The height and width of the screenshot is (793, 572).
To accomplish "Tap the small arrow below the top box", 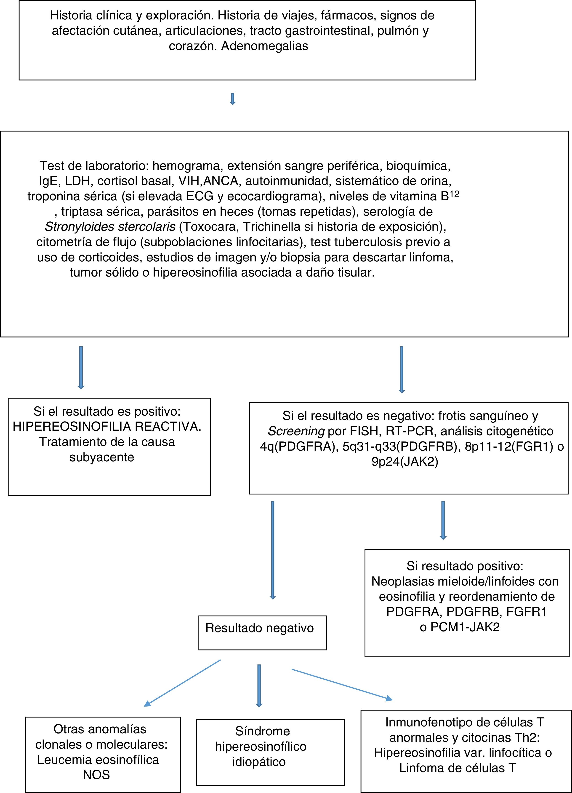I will click(x=232, y=99).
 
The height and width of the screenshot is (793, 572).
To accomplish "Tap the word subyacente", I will click(x=102, y=457).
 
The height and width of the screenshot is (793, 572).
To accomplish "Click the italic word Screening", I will click(x=296, y=431).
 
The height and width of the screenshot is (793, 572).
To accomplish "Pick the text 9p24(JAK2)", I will click(x=405, y=462).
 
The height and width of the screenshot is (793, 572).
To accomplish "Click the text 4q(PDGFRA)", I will click(x=297, y=447).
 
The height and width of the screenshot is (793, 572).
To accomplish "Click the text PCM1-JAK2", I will click(x=465, y=627).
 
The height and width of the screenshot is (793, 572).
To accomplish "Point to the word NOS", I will click(x=96, y=775).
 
